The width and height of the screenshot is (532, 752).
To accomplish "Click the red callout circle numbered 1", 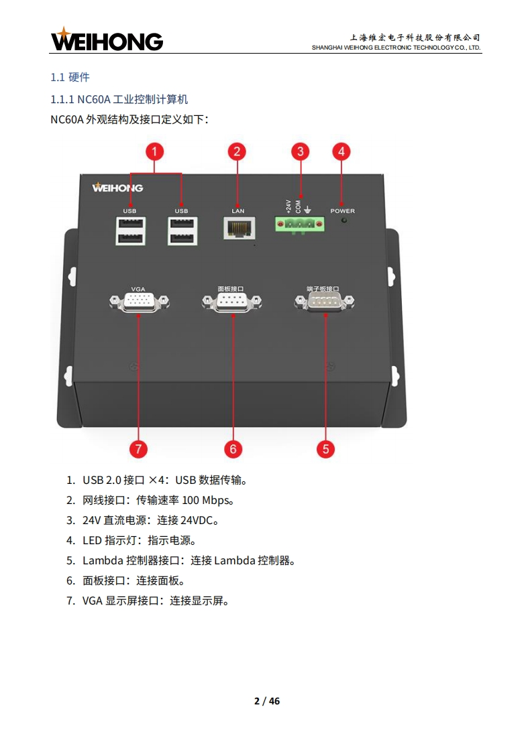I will pyautogui.click(x=155, y=151).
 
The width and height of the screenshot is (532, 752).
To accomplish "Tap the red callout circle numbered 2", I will pyautogui.click(x=236, y=151).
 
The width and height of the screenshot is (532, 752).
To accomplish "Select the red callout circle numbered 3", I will pyautogui.click(x=301, y=151).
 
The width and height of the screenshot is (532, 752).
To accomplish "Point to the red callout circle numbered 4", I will pyautogui.click(x=341, y=151).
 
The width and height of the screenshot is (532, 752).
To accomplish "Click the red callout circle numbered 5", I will pyautogui.click(x=325, y=448).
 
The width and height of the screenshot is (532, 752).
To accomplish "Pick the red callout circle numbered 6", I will pyautogui.click(x=233, y=448).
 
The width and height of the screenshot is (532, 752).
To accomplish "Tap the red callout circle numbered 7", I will pyautogui.click(x=138, y=448).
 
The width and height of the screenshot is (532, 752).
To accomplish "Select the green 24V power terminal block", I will pyautogui.click(x=299, y=225).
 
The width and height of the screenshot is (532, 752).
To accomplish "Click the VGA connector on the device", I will pyautogui.click(x=138, y=303).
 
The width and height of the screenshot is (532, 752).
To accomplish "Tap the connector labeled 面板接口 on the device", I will pyautogui.click(x=231, y=303).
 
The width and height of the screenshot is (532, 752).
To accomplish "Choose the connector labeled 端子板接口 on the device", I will pyautogui.click(x=324, y=303).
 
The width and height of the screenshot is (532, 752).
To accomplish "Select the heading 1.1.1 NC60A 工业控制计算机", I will pyautogui.click(x=119, y=99).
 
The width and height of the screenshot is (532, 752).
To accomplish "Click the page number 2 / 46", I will pyautogui.click(x=267, y=701).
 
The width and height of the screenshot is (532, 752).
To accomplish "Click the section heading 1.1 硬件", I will pyautogui.click(x=70, y=77).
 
